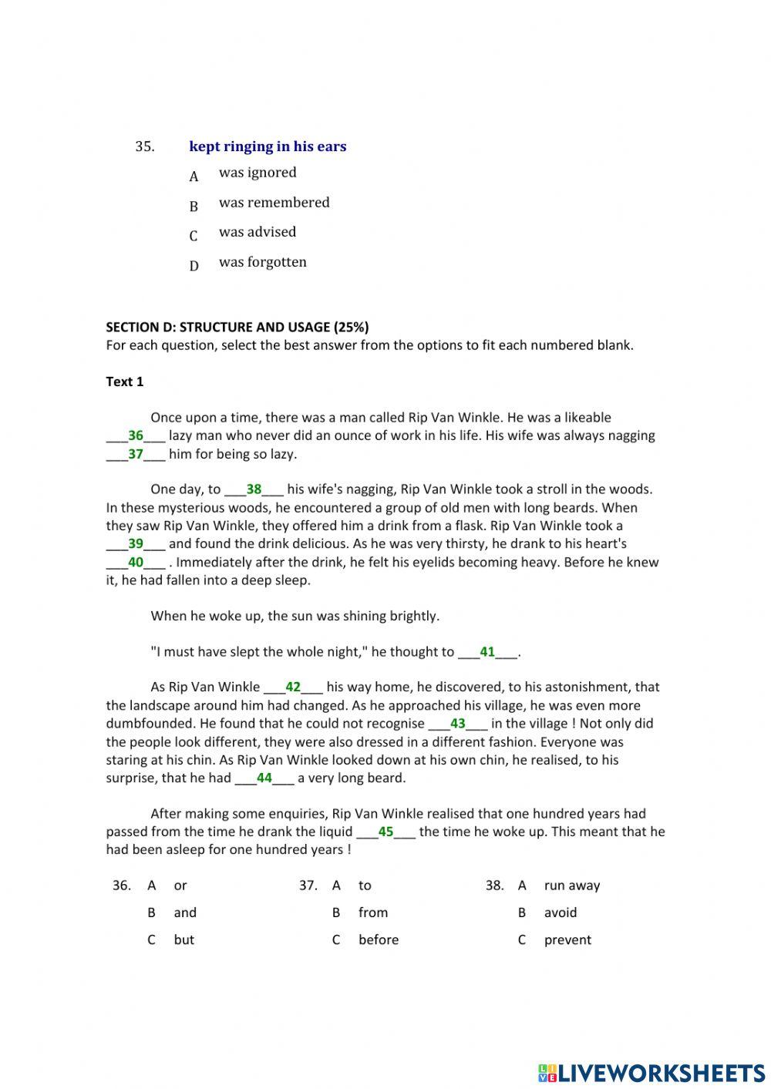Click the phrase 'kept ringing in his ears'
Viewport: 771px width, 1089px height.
267,146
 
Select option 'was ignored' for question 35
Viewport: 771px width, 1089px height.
257,173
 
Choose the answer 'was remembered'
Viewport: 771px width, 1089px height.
274,203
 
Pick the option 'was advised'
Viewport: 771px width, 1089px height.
257,232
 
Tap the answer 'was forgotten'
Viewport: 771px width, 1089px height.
262,262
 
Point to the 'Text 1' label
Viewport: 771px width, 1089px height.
125,381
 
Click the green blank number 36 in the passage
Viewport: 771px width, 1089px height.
136,435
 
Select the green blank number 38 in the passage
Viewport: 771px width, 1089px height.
254,489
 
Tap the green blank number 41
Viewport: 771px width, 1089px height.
487,652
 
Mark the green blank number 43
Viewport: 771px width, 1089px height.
458,724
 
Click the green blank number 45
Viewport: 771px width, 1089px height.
385,832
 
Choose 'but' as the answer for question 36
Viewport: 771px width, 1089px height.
183,939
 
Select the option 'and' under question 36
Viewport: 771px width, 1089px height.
184,913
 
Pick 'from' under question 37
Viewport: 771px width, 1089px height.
372,913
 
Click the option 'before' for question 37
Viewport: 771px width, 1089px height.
378,939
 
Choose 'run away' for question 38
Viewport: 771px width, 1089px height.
571,886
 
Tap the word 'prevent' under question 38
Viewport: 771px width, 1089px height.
567,939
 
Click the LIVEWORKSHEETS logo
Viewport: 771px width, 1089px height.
651,1072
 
